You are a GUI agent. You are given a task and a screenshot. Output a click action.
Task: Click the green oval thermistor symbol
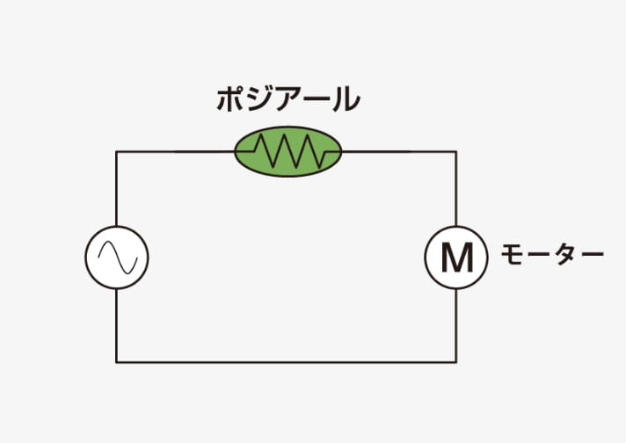(x=288, y=152)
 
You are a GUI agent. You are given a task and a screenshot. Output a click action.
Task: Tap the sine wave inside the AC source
(x=118, y=258)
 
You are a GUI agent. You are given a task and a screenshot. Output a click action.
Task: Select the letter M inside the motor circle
(x=457, y=258)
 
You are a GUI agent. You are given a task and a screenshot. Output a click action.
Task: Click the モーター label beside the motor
(x=552, y=254)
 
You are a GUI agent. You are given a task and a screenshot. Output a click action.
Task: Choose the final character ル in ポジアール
(x=346, y=100)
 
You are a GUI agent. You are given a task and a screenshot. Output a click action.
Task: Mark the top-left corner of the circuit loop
(x=117, y=152)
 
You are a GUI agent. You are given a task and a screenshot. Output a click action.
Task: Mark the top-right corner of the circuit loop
(x=456, y=152)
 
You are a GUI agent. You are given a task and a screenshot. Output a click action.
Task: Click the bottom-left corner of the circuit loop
(x=117, y=362)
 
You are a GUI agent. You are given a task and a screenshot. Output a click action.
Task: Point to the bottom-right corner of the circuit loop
(x=456, y=362)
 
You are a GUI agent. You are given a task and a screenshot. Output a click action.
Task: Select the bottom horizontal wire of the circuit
(x=287, y=362)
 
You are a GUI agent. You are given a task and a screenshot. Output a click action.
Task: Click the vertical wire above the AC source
(x=117, y=189)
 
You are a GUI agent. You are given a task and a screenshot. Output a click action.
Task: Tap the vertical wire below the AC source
(x=117, y=325)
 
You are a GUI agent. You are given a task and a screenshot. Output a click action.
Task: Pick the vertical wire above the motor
(x=456, y=189)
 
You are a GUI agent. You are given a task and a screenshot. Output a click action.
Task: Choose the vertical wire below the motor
(x=456, y=325)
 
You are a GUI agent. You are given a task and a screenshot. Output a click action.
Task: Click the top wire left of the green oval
(x=175, y=152)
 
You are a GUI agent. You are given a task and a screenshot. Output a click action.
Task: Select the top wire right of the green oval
(x=399, y=152)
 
